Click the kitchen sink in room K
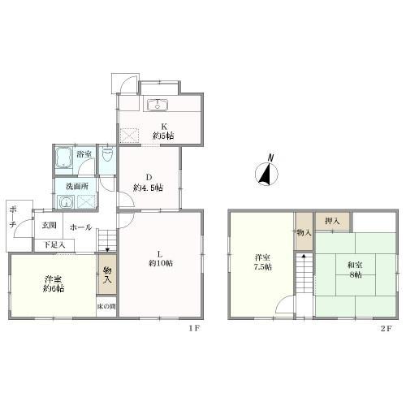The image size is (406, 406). (x=158, y=105)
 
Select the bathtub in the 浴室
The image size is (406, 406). (x=64, y=158)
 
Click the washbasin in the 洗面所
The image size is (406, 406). (x=65, y=202)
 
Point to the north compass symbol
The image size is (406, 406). (x=267, y=172)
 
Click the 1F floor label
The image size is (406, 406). (x=194, y=328)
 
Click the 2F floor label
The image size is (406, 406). (x=387, y=328)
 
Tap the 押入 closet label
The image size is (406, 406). (x=332, y=221)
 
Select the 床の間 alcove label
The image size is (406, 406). (x=106, y=307)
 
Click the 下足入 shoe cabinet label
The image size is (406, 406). (x=54, y=245)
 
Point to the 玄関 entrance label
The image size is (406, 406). (x=49, y=225)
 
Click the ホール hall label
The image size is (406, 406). (x=80, y=227)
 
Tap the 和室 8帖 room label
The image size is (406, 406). (x=355, y=270)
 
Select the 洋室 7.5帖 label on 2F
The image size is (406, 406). (x=263, y=261)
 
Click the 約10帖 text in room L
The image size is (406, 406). (x=161, y=263)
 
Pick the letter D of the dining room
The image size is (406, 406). (x=149, y=177)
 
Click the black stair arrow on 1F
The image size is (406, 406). (x=108, y=250)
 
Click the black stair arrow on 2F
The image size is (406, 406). (x=304, y=255)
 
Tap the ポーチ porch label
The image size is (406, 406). (x=12, y=217)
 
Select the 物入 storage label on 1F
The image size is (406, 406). (x=107, y=274)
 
